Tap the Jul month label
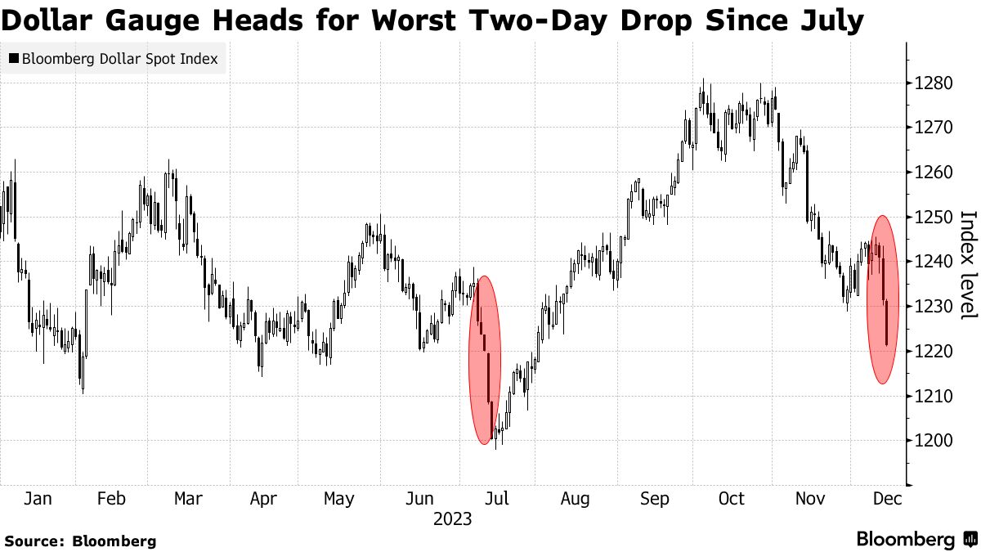click(496, 499)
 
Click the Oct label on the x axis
click(732, 499)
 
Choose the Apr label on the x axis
click(263, 499)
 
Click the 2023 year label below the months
click(452, 519)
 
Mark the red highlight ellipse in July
click(484, 360)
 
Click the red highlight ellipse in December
click(882, 299)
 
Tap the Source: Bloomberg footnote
click(80, 541)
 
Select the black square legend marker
click(13, 59)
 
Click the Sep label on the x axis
click(655, 499)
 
